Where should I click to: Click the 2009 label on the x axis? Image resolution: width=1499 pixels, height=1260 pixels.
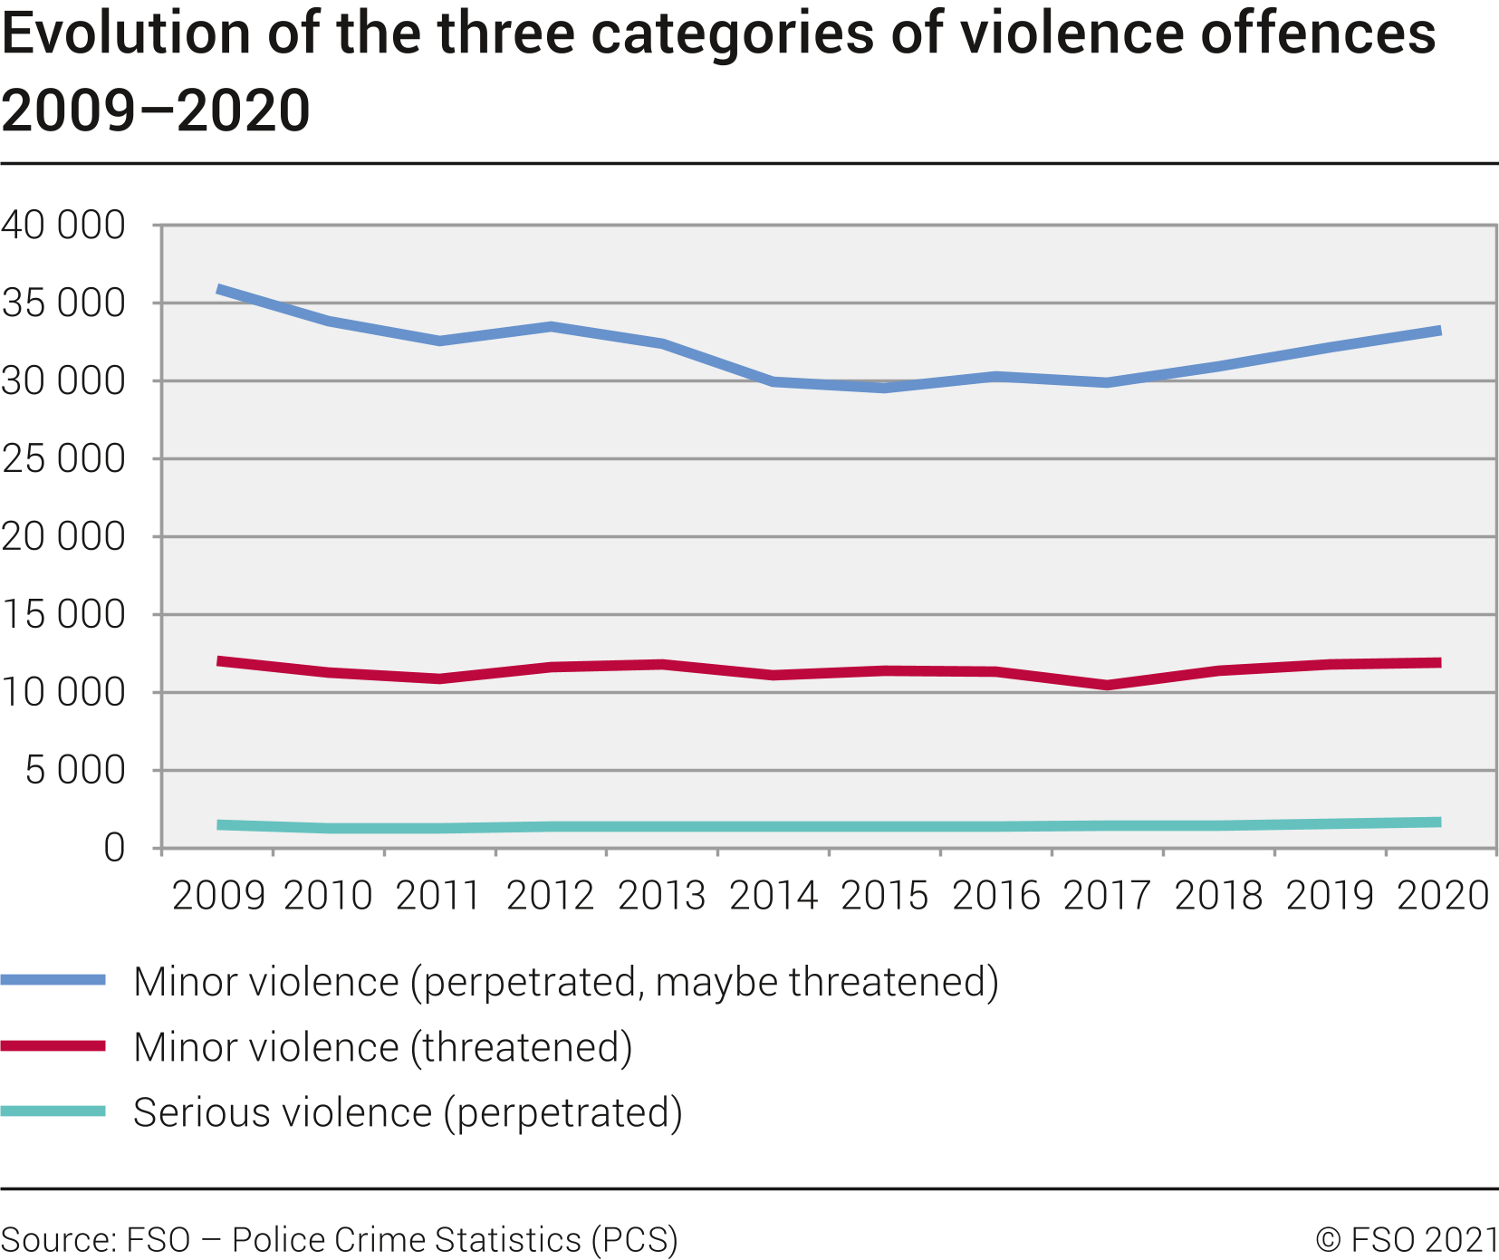[x=218, y=896]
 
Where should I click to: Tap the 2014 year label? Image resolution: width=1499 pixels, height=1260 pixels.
[x=774, y=896]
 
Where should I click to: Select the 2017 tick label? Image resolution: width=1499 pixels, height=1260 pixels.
[x=1107, y=896]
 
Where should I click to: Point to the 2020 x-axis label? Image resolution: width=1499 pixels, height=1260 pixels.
[x=1443, y=896]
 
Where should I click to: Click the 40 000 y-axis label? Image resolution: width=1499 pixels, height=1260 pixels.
[x=63, y=225]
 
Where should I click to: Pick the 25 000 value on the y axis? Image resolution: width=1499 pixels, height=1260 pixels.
[x=63, y=458]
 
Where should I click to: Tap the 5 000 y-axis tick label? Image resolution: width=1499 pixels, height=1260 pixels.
[x=75, y=770]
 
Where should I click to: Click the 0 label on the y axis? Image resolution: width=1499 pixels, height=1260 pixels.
[x=114, y=848]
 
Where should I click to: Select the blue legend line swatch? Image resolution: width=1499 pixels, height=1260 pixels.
[x=53, y=980]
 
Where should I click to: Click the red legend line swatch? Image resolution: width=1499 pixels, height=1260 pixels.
[x=53, y=1046]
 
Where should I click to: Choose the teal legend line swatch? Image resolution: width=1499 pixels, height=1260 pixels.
[x=53, y=1111]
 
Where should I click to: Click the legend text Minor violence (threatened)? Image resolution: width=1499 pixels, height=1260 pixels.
[x=382, y=1047]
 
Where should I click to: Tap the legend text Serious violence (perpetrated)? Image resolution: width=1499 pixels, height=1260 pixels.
[x=408, y=1112]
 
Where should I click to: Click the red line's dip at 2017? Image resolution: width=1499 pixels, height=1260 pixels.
[x=1107, y=685]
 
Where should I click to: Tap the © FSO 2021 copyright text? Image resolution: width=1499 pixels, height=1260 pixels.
[x=1406, y=1239]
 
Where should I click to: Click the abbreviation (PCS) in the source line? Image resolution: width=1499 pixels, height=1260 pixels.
[x=635, y=1239]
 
